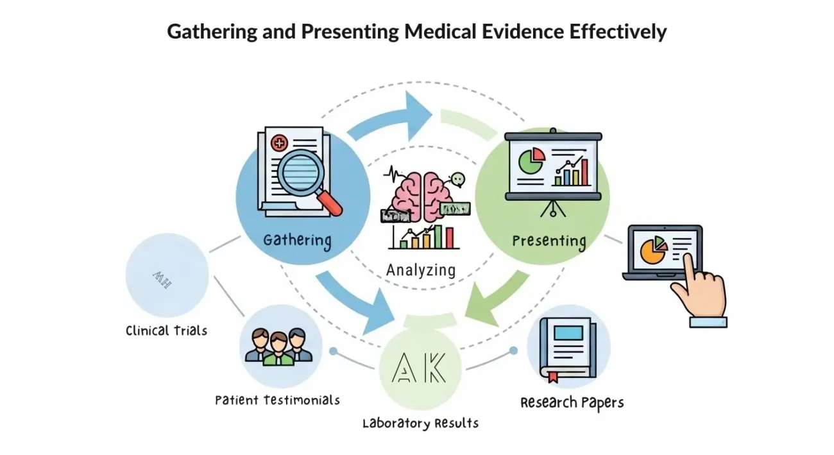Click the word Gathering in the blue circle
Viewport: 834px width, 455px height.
pos(297,241)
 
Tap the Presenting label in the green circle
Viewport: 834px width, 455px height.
pos(549,242)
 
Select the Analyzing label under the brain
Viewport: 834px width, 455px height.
pos(421,270)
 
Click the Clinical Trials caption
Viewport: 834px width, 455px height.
pos(167,331)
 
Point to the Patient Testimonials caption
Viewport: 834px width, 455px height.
pos(277,400)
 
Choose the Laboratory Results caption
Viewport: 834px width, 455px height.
pos(420,423)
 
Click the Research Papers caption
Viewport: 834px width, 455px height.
pos(572,402)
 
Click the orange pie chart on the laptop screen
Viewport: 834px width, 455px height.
pos(652,250)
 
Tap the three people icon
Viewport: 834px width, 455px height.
pos(278,347)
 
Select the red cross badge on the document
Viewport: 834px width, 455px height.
pos(279,143)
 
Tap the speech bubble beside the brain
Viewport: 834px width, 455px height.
pos(457,180)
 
